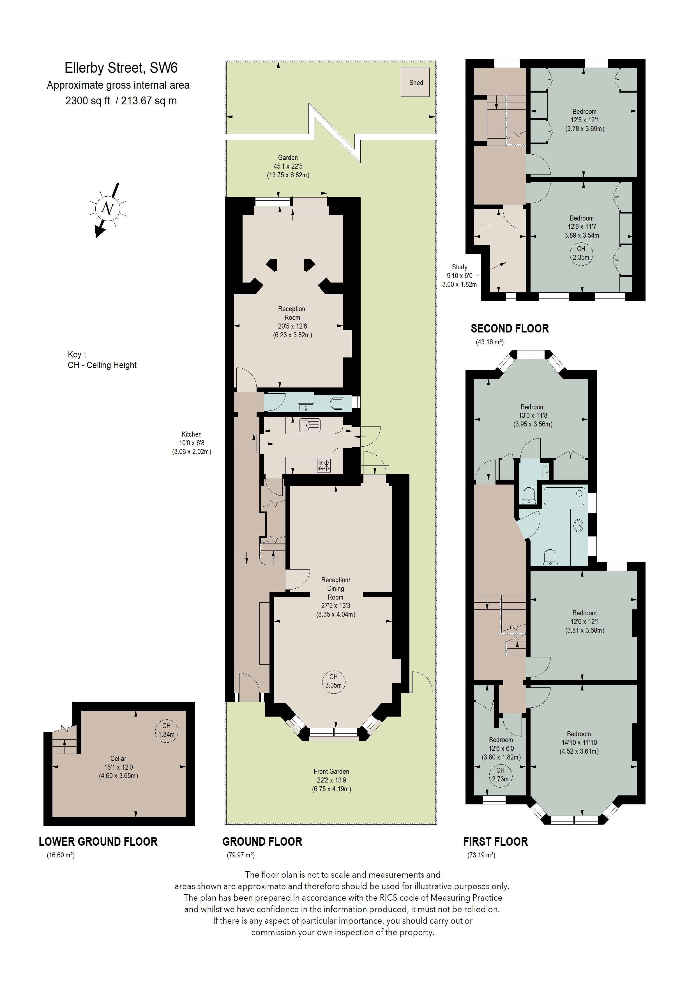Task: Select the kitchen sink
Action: [310, 425]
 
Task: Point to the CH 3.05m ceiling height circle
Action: [333, 681]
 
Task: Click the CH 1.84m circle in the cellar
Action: [166, 730]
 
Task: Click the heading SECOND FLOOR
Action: [510, 329]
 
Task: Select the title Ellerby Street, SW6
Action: [121, 68]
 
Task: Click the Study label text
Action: [459, 267]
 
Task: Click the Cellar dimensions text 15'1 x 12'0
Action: [118, 767]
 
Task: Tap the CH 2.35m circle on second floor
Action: [581, 253]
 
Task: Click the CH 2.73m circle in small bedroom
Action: [500, 775]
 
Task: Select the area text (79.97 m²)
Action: [241, 855]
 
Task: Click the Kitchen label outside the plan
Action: [191, 434]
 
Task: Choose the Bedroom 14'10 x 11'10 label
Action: [579, 742]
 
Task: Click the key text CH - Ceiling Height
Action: [102, 365]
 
